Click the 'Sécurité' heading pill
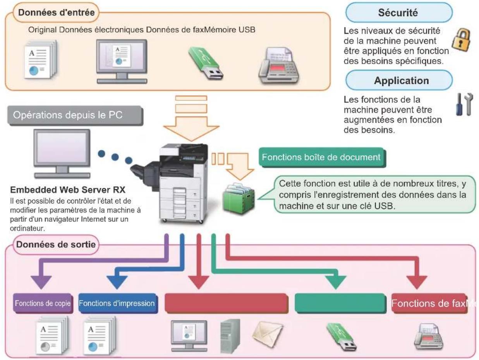pyautogui.click(x=399, y=12)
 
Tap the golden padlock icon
pyautogui.click(x=461, y=40)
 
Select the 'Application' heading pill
pyautogui.click(x=399, y=80)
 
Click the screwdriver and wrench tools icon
pyautogui.click(x=464, y=104)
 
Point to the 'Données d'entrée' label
pyautogui.click(x=56, y=12)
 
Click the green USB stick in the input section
pyautogui.click(x=205, y=63)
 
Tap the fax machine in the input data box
pyautogui.click(x=279, y=65)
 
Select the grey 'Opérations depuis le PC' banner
pyautogui.click(x=75, y=115)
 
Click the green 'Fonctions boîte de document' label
pyautogui.click(x=322, y=157)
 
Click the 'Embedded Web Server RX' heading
pyautogui.click(x=68, y=190)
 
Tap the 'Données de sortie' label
pyautogui.click(x=56, y=245)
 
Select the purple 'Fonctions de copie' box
pyautogui.click(x=43, y=303)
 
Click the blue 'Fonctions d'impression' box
pyautogui.click(x=118, y=303)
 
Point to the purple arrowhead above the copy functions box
pyautogui.click(x=41, y=282)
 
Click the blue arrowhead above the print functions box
pyautogui.click(x=117, y=282)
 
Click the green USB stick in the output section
pyautogui.click(x=342, y=337)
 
